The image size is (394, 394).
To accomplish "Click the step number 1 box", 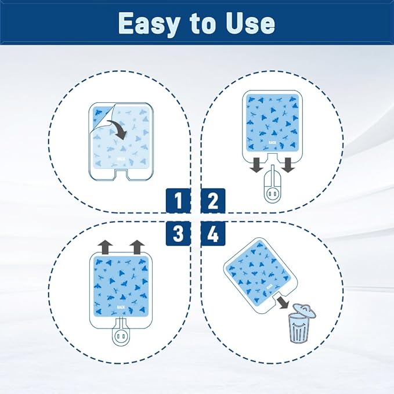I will coord(179,201).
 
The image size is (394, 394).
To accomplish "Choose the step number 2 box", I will coord(214,201).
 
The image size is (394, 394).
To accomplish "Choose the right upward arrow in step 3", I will coord(137,245).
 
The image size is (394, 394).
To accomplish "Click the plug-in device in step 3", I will coord(121,337).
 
